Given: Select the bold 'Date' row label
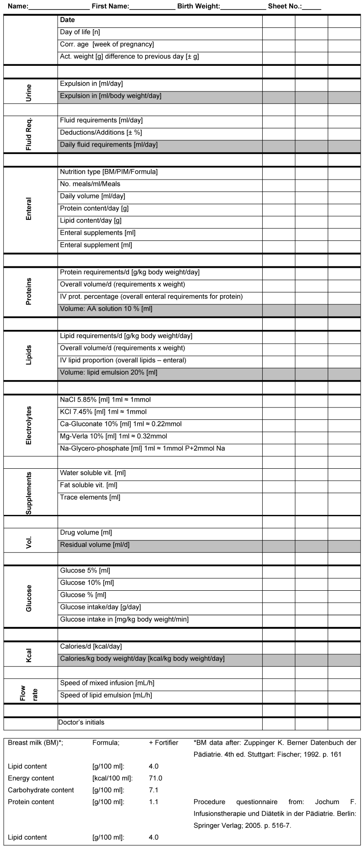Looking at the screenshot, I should (67, 20).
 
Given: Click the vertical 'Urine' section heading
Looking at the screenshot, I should (29, 92).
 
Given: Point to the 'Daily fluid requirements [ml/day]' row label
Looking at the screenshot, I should (108, 145).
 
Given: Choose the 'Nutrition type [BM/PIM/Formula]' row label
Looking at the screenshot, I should (108, 172).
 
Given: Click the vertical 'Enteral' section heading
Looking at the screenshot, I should (29, 209).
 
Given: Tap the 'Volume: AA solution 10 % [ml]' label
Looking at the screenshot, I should (106, 309).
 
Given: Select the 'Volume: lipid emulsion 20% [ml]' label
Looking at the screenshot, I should (108, 373).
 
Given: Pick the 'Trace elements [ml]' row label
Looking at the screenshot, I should (90, 498).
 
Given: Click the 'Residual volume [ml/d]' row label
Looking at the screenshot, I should (95, 545).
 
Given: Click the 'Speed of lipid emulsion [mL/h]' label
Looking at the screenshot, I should (106, 695).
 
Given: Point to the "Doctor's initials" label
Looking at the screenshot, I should (81, 722).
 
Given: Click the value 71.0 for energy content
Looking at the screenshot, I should (156, 778).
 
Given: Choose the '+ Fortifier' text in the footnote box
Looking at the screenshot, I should (163, 743).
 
